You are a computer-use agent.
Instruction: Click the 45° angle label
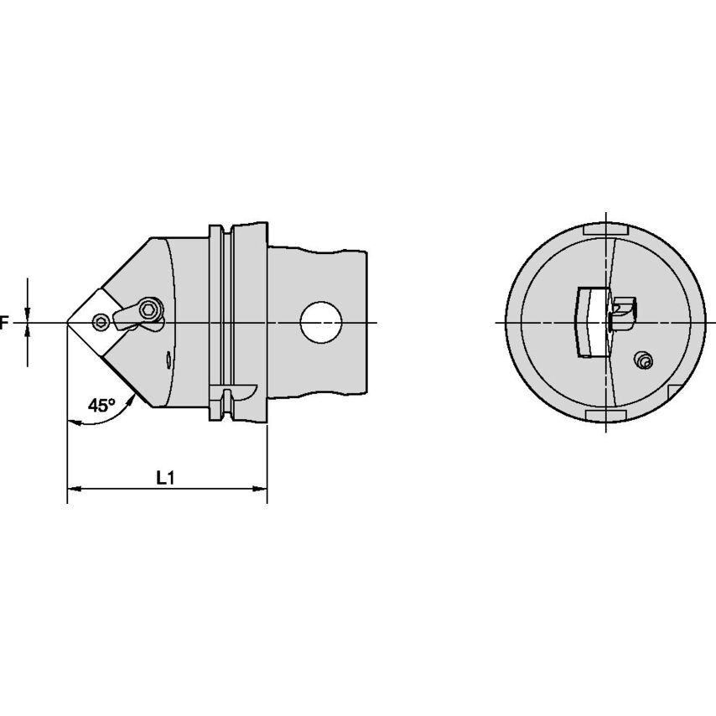pos(101,405)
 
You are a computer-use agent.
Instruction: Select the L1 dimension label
pos(166,478)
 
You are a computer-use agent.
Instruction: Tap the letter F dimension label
pos(4,324)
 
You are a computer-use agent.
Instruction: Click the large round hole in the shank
pos(321,323)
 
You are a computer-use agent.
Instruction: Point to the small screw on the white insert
pos(100,322)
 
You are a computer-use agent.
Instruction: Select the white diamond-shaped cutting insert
pos(93,323)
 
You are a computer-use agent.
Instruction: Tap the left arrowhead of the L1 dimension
pos(74,489)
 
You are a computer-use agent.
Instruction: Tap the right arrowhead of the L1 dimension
pos(260,489)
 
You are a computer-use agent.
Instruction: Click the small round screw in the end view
pos(644,361)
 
